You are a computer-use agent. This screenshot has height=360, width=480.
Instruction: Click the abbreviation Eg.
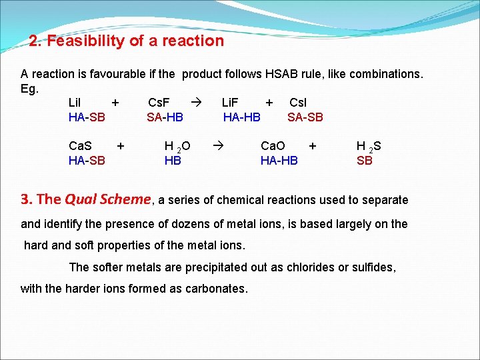click(x=30, y=88)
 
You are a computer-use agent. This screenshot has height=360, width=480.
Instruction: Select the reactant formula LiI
click(x=75, y=103)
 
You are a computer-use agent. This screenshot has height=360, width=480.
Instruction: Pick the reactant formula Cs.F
click(x=159, y=103)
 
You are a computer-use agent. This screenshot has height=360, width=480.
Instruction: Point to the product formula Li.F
click(x=235, y=103)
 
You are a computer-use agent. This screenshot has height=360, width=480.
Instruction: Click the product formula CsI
click(x=298, y=103)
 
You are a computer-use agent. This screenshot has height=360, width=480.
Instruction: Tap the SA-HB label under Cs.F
click(x=165, y=117)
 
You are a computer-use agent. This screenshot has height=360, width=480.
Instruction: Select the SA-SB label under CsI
click(x=305, y=117)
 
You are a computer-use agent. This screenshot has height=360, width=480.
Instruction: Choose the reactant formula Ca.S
click(x=81, y=145)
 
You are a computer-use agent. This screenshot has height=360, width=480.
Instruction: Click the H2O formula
click(x=177, y=146)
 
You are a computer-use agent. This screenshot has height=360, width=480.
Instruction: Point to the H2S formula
click(x=369, y=146)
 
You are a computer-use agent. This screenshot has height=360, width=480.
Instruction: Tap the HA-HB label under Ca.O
click(x=279, y=160)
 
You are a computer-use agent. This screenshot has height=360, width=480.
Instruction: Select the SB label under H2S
click(x=364, y=160)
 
